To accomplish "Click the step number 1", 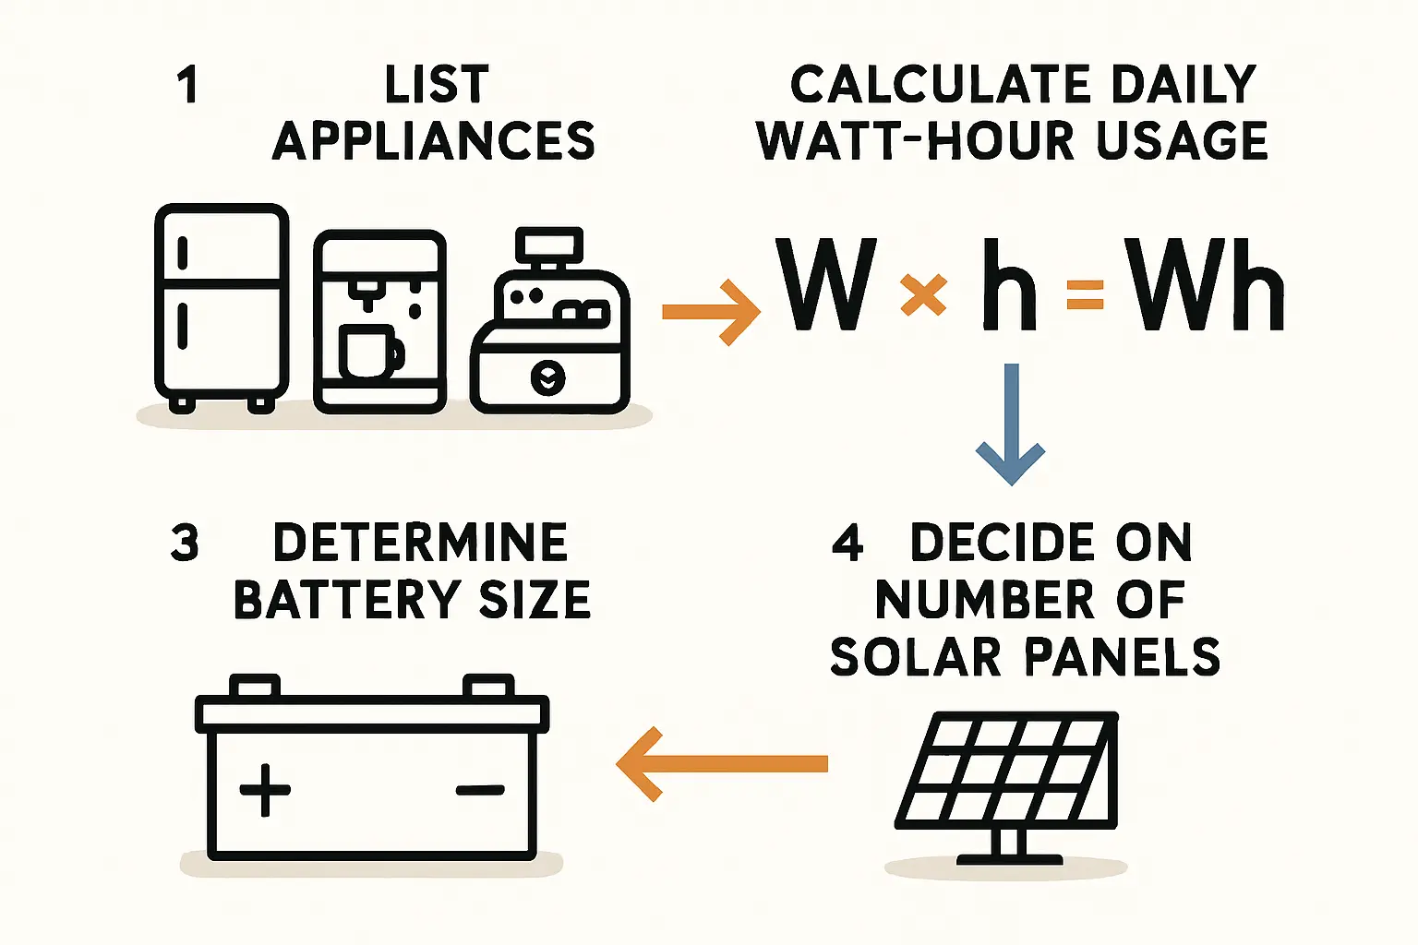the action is tap(188, 86).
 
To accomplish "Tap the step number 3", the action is tap(185, 543).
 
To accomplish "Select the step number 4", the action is tap(847, 543).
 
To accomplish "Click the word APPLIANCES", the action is tap(434, 140).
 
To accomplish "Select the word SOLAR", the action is tap(916, 656).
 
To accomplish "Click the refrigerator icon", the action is tap(222, 308).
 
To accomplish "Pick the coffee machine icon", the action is tap(379, 321).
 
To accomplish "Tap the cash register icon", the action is tap(549, 320).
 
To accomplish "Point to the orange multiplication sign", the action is tap(923, 294).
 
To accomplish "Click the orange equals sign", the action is tap(1085, 295).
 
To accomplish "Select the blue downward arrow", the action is tap(1011, 425).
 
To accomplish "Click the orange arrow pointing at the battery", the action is tap(722, 764).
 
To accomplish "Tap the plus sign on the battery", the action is tap(265, 790).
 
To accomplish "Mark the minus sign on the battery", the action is tap(480, 789).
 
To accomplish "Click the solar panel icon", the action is tap(1006, 788).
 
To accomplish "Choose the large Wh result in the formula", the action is tap(1208, 285).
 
